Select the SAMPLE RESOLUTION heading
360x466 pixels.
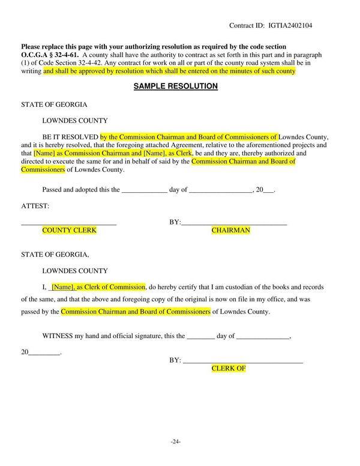pyautogui.click(x=175, y=86)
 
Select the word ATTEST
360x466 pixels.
pyautogui.click(x=35, y=205)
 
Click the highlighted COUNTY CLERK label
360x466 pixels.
pyautogui.click(x=69, y=231)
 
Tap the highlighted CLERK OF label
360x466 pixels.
pyautogui.click(x=228, y=368)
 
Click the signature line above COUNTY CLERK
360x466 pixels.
pyautogui.click(x=69, y=224)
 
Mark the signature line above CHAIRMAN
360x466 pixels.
pyautogui.click(x=234, y=224)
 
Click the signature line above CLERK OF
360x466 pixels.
pyautogui.click(x=242, y=362)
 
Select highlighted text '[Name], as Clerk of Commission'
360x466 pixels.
pyautogui.click(x=98, y=287)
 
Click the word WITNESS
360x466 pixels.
pyautogui.click(x=58, y=337)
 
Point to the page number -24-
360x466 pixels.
pyautogui.click(x=175, y=441)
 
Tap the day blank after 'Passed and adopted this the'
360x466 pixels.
pyautogui.click(x=144, y=190)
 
